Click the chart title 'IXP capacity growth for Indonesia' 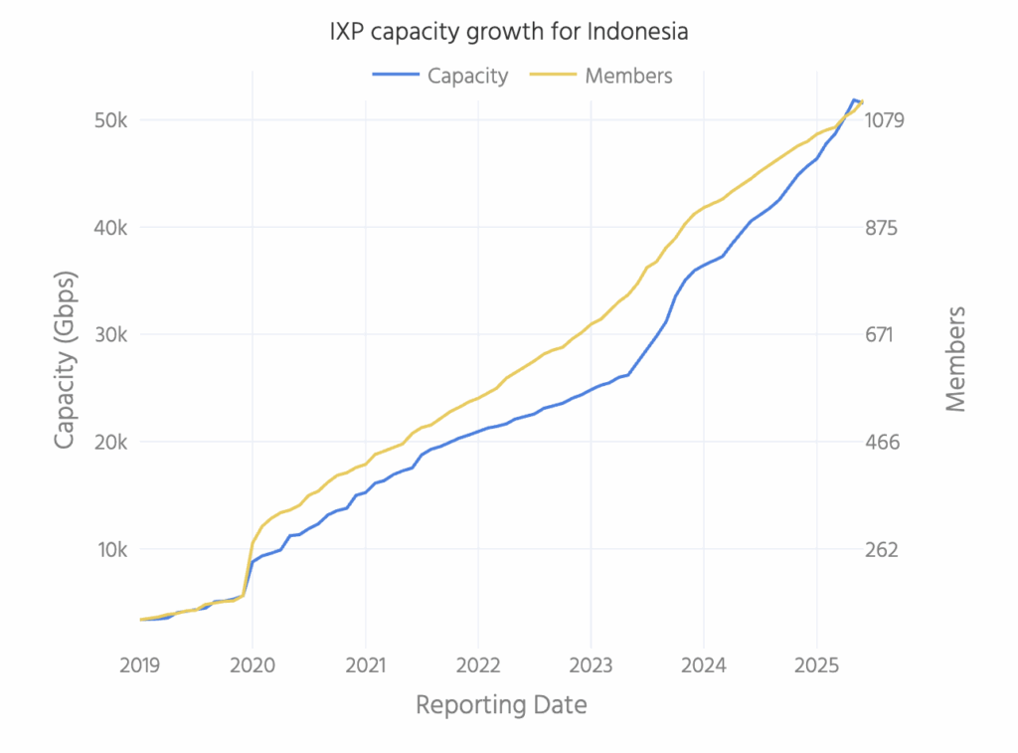tap(509, 32)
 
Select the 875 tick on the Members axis tap(883, 228)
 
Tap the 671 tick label tap(883, 335)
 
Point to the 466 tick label tap(883, 443)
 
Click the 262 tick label tap(883, 550)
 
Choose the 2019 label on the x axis tap(140, 663)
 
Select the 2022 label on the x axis tap(478, 663)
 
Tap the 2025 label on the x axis tap(816, 663)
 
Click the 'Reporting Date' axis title tap(501, 706)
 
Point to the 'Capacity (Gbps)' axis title tap(66, 359)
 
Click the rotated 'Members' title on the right tap(956, 359)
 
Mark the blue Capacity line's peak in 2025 tap(853, 99)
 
